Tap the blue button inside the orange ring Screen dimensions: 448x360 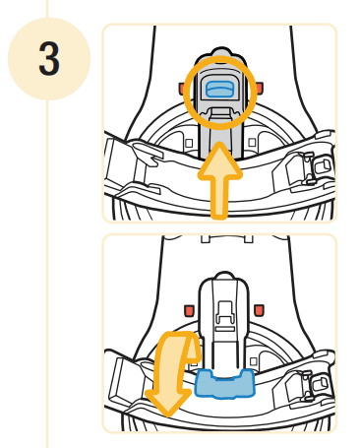pyautogui.click(x=218, y=91)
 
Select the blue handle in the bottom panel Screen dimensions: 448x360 pyautogui.click(x=224, y=383)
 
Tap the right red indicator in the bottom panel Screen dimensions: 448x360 pyautogui.click(x=259, y=311)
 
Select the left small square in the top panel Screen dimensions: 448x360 pyautogui.click(x=187, y=144)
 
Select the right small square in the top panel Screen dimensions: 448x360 pyautogui.click(x=252, y=144)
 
